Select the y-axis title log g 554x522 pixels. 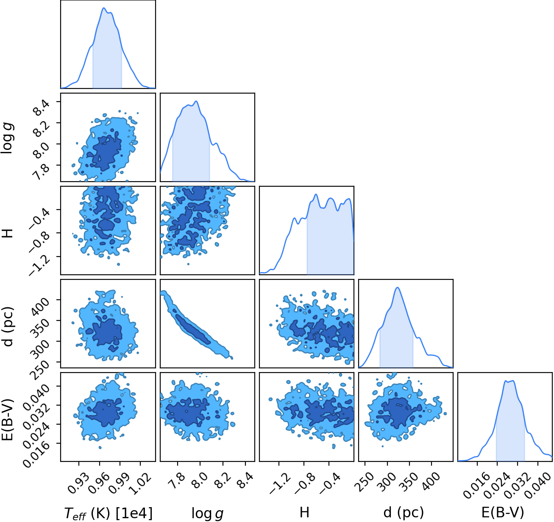8,138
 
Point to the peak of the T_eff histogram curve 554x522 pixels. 104,8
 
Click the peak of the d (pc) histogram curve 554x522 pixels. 397,287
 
